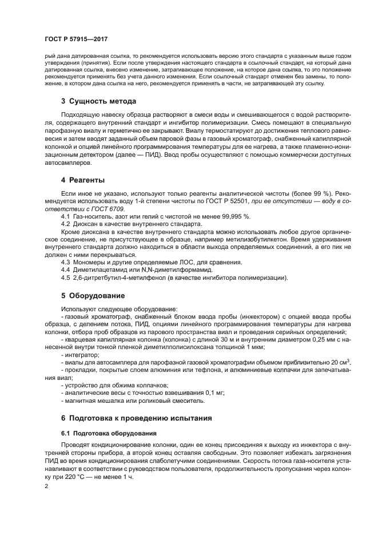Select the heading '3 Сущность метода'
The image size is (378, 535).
click(98, 101)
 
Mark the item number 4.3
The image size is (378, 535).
click(66, 262)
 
